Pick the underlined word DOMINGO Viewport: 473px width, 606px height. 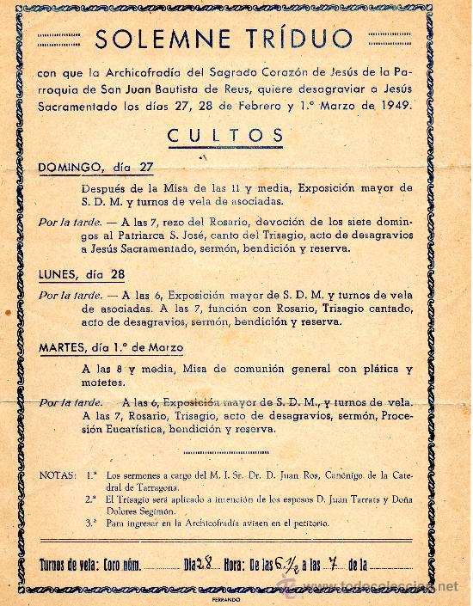click(69, 168)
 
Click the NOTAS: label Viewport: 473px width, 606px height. click(58, 474)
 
